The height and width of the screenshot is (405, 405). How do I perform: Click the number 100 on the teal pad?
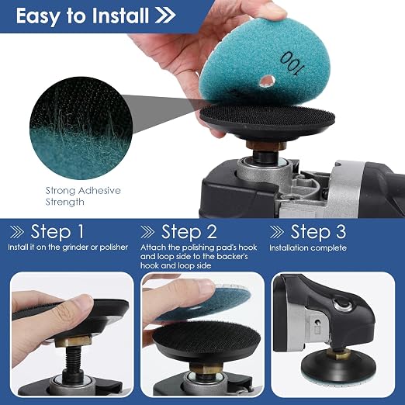pos(292,64)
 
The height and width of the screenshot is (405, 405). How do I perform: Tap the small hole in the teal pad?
pos(267,81)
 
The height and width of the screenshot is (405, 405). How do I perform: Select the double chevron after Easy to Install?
pos(165,16)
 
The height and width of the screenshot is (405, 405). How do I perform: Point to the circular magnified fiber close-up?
pos(81,128)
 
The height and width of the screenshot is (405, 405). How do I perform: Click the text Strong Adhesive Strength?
pos(83,196)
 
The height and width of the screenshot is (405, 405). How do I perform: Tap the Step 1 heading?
pos(57,231)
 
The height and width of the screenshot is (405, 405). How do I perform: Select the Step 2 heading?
pos(189,231)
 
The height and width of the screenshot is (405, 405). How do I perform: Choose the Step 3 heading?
pos(318,231)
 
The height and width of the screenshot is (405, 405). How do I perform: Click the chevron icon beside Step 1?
pos(17,232)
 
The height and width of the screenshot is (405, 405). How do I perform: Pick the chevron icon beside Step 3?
pos(276,232)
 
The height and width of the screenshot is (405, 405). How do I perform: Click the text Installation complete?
pos(308,247)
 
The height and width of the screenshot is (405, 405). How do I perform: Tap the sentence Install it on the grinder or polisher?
pos(67,247)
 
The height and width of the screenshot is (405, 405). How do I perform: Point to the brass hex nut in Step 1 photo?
pos(74,341)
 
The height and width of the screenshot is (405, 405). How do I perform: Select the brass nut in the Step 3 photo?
pos(336,354)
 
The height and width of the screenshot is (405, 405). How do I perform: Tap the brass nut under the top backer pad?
pos(265,144)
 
